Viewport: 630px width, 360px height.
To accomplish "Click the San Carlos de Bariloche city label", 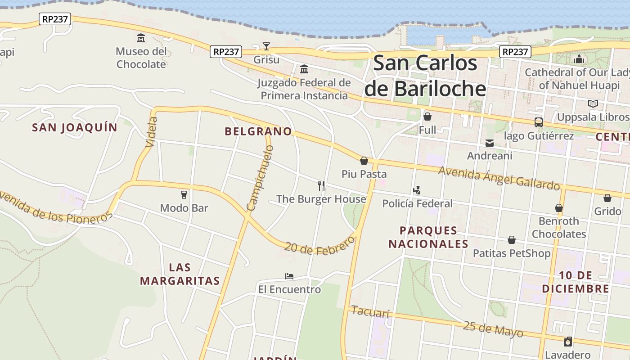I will (x=425, y=75).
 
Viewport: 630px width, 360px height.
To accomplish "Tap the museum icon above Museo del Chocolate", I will (x=141, y=38).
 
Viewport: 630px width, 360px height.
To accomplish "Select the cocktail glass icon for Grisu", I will (x=266, y=46).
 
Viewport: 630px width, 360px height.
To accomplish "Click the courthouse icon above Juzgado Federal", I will (x=304, y=69).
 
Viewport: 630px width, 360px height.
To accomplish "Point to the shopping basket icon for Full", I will (x=427, y=117).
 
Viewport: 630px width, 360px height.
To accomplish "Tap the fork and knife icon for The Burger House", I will (x=321, y=185).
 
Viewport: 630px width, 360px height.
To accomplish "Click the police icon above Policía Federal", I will (x=417, y=190).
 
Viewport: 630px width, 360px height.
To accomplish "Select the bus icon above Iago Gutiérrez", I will (x=538, y=122).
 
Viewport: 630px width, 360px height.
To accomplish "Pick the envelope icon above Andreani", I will (x=490, y=143).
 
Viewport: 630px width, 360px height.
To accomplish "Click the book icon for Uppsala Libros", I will (x=593, y=104).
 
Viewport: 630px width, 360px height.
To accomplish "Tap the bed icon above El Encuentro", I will (x=289, y=276).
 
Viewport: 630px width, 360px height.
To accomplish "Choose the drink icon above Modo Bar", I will (x=184, y=194).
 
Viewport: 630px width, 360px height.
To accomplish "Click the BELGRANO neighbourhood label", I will (x=258, y=131).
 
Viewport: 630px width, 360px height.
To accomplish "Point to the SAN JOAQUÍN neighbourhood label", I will (x=75, y=127).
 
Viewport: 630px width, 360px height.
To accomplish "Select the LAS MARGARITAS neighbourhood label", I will (x=180, y=274).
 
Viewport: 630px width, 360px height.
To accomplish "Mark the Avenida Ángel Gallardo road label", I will (x=499, y=178).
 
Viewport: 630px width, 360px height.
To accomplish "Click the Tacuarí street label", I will (x=370, y=312).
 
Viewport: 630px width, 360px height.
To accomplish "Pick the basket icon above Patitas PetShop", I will (x=512, y=240).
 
